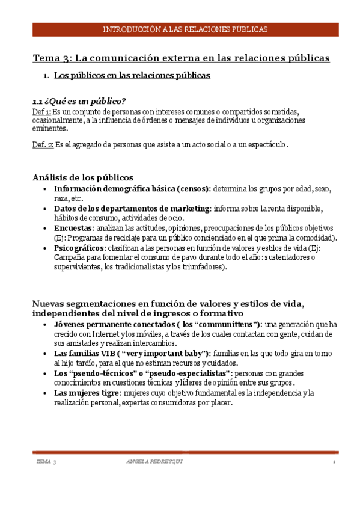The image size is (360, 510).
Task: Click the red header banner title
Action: (x=185, y=29)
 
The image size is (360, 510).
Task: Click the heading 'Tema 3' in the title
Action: (x=51, y=58)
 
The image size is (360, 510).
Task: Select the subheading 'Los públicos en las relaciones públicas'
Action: (x=132, y=76)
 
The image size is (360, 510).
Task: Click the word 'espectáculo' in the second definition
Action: (x=268, y=144)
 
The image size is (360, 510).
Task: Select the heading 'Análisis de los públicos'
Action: (x=82, y=177)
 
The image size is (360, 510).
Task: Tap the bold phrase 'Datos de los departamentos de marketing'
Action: (x=132, y=209)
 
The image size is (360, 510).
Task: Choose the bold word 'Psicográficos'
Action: (x=79, y=248)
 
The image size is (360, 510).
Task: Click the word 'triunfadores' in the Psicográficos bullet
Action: (x=203, y=267)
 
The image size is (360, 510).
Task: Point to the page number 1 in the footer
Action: (x=332, y=462)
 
